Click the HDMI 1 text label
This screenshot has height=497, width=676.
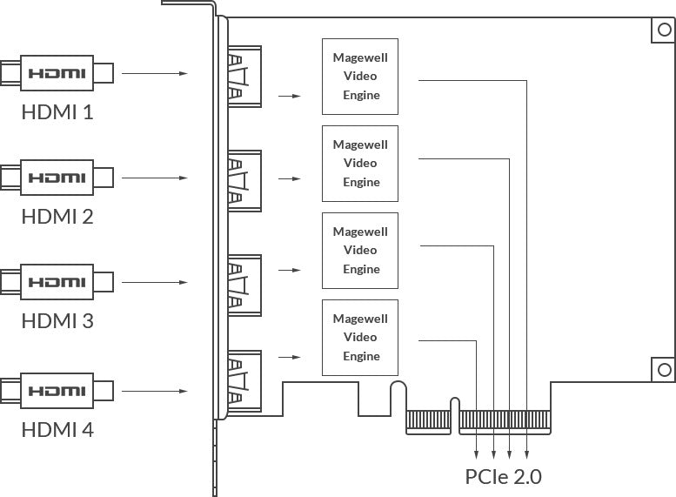57,111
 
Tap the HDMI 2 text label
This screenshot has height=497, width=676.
57,216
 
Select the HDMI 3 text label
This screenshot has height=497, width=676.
57,320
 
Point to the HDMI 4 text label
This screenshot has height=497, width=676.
57,429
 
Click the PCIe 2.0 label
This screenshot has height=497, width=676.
503,476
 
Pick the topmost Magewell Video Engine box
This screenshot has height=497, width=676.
360,77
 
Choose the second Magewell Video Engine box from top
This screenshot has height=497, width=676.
360,164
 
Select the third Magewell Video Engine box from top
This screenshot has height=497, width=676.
360,251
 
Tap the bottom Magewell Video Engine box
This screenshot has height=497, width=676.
360,338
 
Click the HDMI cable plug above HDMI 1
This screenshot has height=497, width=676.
57,73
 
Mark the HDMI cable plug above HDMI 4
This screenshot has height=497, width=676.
57,391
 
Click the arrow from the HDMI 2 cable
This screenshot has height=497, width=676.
155,178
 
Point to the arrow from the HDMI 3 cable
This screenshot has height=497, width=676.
155,282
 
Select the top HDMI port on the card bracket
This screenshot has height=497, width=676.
244,77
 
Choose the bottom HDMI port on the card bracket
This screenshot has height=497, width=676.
244,381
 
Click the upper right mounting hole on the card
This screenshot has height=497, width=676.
665,30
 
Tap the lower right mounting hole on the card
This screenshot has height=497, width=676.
665,369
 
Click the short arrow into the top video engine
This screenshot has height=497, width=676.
290,96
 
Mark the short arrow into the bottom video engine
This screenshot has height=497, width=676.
290,357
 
